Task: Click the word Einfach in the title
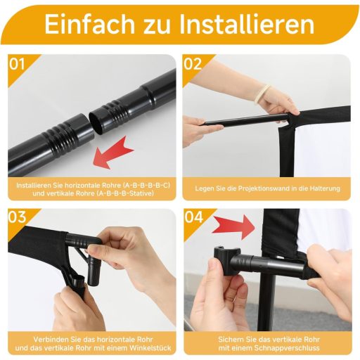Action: pyautogui.click(x=89, y=25)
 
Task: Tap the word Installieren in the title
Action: pyautogui.click(x=247, y=25)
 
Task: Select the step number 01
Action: pyautogui.click(x=17, y=64)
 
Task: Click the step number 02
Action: pyautogui.click(x=193, y=64)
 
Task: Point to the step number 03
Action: pyautogui.click(x=18, y=217)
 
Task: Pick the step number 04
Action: pyautogui.click(x=193, y=217)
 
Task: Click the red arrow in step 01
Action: pyautogui.click(x=113, y=153)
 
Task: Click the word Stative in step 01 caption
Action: pyautogui.click(x=139, y=194)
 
